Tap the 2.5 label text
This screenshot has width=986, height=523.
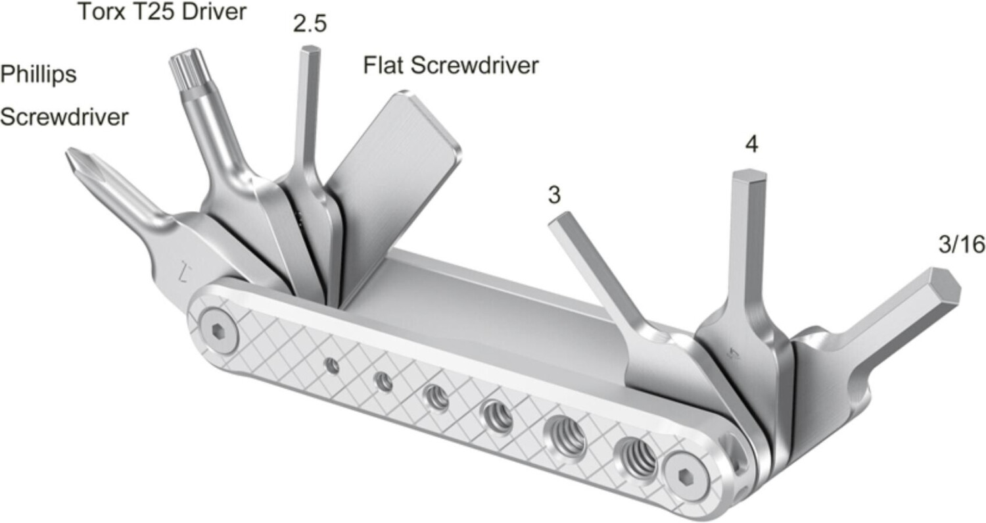point(310,25)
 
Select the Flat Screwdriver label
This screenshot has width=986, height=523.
point(451,66)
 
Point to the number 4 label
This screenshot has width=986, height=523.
point(752,145)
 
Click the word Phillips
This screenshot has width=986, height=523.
point(38,75)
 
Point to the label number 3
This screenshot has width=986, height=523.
point(555,197)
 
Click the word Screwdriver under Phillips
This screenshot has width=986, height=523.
point(64,118)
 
